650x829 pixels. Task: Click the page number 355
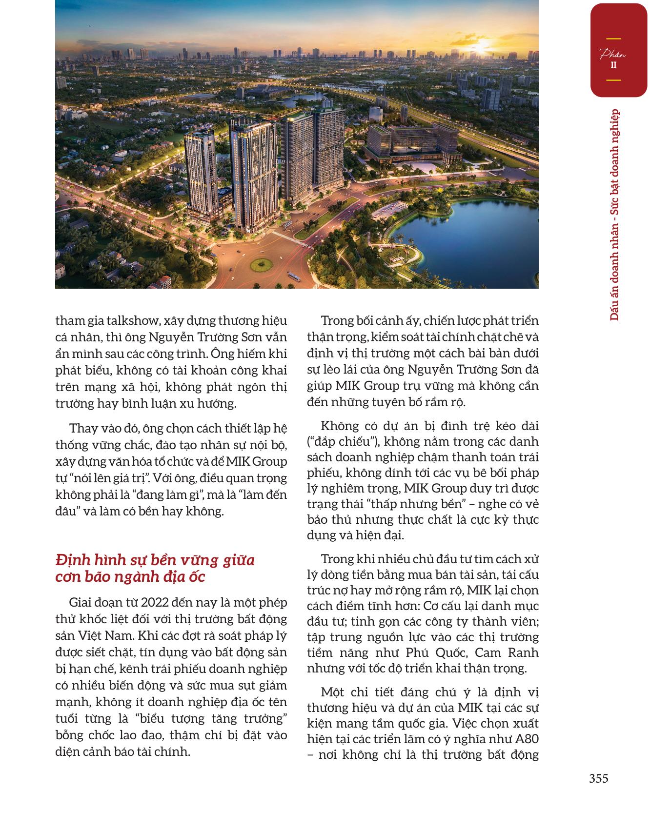point(598,779)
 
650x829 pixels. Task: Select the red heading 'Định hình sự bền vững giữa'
point(155,560)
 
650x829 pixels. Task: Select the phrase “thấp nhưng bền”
point(413,504)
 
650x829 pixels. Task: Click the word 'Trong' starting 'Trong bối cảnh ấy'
point(337,321)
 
